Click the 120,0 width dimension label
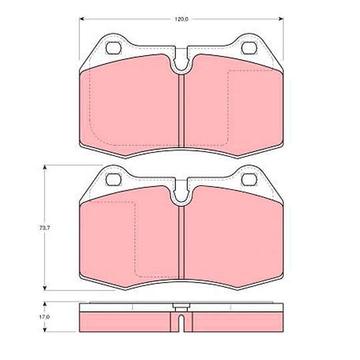(181, 19)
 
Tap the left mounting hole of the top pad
(113, 48)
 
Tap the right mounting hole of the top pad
(249, 48)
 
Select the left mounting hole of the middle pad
(113, 179)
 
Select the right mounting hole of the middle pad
(249, 179)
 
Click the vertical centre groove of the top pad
(181, 111)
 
